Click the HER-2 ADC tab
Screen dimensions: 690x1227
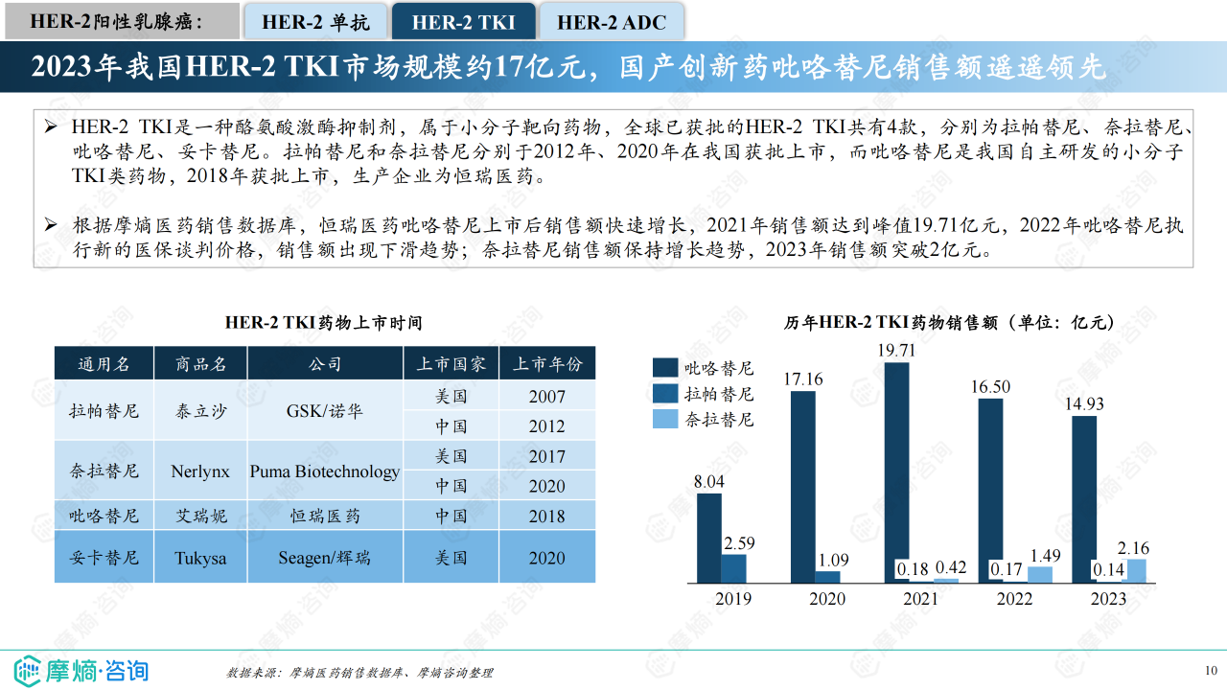(611, 22)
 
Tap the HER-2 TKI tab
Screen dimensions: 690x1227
(463, 22)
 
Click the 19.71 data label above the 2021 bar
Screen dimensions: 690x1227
(896, 351)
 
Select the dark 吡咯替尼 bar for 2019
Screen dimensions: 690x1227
(709, 538)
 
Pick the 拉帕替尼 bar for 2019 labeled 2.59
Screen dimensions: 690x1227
(733, 568)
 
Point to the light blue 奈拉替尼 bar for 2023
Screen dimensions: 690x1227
(1135, 571)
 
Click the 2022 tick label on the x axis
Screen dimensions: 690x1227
(1014, 599)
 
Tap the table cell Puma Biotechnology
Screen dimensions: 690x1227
(325, 471)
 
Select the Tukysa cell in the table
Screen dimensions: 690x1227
(200, 558)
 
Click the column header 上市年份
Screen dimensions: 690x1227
(546, 364)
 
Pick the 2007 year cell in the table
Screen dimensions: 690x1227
(546, 396)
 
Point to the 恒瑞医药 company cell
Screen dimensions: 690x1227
(325, 516)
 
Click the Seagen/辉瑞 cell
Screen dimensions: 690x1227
(325, 558)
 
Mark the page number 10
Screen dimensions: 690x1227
(1210, 670)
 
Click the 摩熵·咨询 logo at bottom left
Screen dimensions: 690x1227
(81, 668)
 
